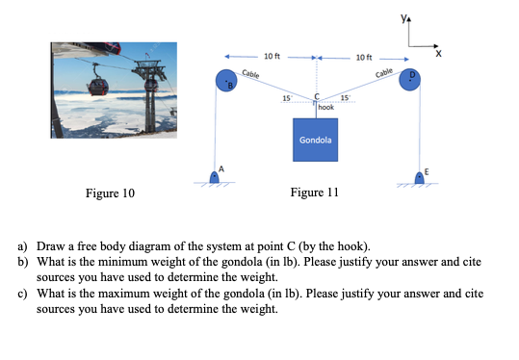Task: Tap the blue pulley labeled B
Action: click(227, 81)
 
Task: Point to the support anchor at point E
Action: click(421, 176)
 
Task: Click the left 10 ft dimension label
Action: click(272, 56)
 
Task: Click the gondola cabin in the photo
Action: click(98, 85)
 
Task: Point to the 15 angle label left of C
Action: click(285, 98)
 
